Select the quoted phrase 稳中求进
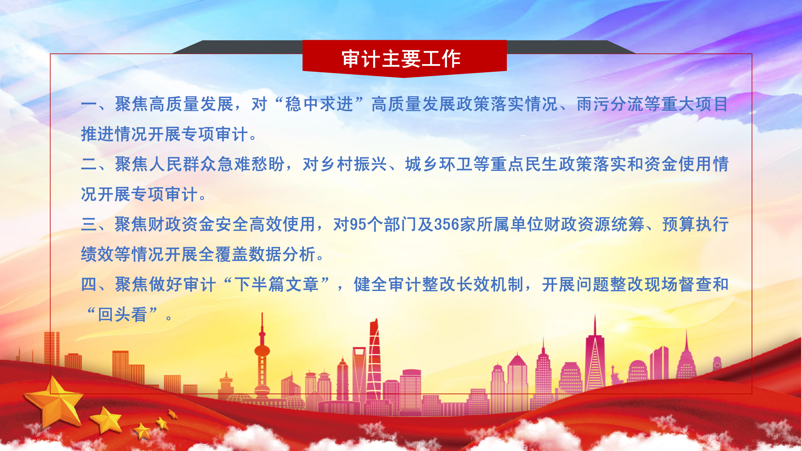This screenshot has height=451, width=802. [319, 104]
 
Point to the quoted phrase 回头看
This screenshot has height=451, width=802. [122, 314]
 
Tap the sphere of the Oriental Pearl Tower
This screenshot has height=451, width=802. [262, 351]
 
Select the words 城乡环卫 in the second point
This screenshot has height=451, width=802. [439, 164]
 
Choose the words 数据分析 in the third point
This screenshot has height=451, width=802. [282, 254]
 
